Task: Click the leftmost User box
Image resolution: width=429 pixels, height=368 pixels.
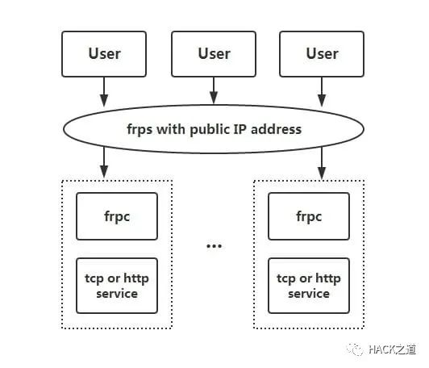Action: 104,54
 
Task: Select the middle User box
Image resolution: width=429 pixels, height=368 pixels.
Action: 214,54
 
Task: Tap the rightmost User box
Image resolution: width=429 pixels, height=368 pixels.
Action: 322,54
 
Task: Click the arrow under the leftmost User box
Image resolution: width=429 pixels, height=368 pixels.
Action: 104,92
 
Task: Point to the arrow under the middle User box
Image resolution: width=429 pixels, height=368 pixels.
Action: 214,91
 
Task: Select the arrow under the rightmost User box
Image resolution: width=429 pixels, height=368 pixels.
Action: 322,92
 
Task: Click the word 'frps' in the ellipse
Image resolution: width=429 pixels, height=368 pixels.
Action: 140,130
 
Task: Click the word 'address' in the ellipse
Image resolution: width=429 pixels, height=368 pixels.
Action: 276,129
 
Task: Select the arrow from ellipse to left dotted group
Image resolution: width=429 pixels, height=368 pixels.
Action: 104,163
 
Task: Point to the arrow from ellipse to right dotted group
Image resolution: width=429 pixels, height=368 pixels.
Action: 322,163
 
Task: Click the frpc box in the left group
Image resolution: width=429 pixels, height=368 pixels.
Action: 117,216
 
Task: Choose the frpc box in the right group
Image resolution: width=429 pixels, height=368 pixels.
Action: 309,216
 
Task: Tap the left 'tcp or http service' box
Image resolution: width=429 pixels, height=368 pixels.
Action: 117,286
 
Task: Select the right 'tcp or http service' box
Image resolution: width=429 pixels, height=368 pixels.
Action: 309,286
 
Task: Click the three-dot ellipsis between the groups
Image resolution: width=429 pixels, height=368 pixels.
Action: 214,246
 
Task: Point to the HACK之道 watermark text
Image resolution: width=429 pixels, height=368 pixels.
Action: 392,349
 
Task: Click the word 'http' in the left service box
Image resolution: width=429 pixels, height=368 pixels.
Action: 136,278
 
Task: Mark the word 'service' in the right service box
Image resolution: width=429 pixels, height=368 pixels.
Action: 309,294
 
